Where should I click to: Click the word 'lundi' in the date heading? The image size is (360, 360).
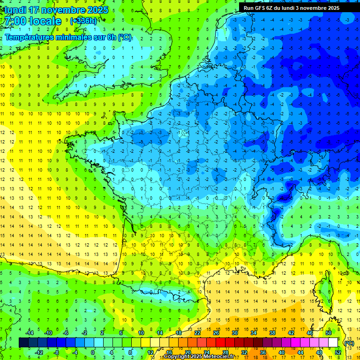point(13,10)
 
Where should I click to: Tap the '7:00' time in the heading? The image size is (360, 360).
point(15,22)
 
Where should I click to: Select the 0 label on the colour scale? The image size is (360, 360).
point(92,352)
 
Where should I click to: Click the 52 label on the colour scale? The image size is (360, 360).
point(338,352)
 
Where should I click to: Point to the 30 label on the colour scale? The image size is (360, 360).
point(234,333)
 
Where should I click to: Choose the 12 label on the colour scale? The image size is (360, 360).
point(150,352)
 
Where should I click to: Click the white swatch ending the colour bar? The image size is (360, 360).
point(333,343)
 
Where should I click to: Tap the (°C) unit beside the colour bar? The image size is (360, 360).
point(349,343)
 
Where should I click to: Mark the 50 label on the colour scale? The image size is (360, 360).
point(328,333)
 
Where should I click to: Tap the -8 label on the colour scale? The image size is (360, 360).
point(57,352)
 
